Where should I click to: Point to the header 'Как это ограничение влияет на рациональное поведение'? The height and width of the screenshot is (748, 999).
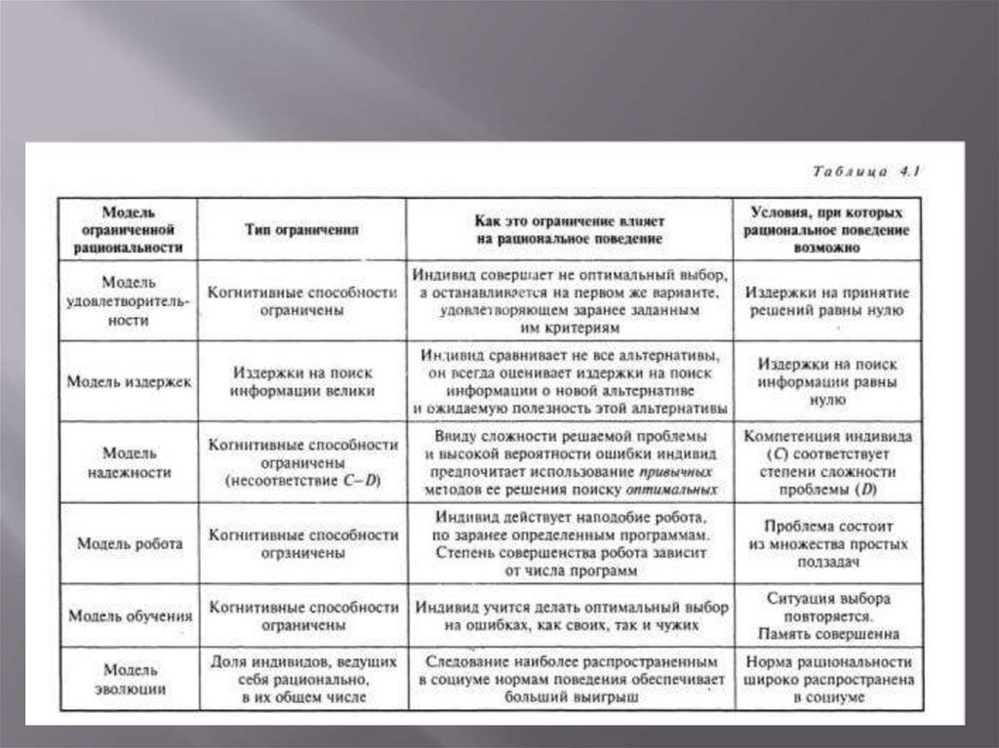pyautogui.click(x=570, y=229)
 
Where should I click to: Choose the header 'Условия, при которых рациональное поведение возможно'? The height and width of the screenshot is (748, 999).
pyautogui.click(x=827, y=229)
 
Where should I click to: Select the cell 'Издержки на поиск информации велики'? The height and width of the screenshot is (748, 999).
pyautogui.click(x=301, y=381)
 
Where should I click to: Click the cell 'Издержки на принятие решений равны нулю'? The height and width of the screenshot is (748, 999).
pyautogui.click(x=827, y=301)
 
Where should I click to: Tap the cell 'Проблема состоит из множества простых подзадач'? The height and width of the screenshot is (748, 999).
pyautogui.click(x=827, y=544)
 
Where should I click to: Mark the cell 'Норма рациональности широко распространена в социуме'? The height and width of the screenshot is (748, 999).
pyautogui.click(x=827, y=680)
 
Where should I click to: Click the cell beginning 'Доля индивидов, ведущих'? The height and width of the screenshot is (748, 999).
pyautogui.click(x=301, y=680)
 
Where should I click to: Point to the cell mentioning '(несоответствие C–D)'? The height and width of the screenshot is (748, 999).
pyautogui.click(x=301, y=463)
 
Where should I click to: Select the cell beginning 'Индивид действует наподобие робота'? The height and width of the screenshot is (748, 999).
pyautogui.click(x=570, y=544)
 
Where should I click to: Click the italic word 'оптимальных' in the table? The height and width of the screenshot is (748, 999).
pyautogui.click(x=672, y=491)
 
